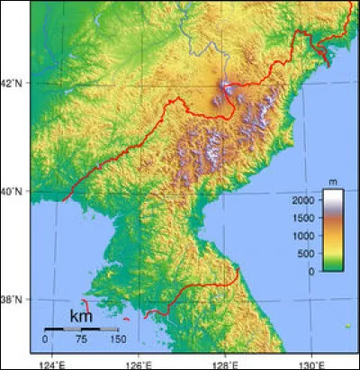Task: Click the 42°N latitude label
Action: point(13,83)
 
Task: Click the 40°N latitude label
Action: point(13,191)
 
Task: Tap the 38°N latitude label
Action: point(13,299)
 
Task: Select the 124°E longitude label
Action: point(52,364)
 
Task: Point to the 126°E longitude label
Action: point(138,364)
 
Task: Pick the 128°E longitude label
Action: point(224,364)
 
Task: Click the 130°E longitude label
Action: point(310,364)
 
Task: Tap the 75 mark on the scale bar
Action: point(81,339)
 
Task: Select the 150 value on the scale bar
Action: point(116,339)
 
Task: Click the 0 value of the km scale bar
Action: point(45,339)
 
